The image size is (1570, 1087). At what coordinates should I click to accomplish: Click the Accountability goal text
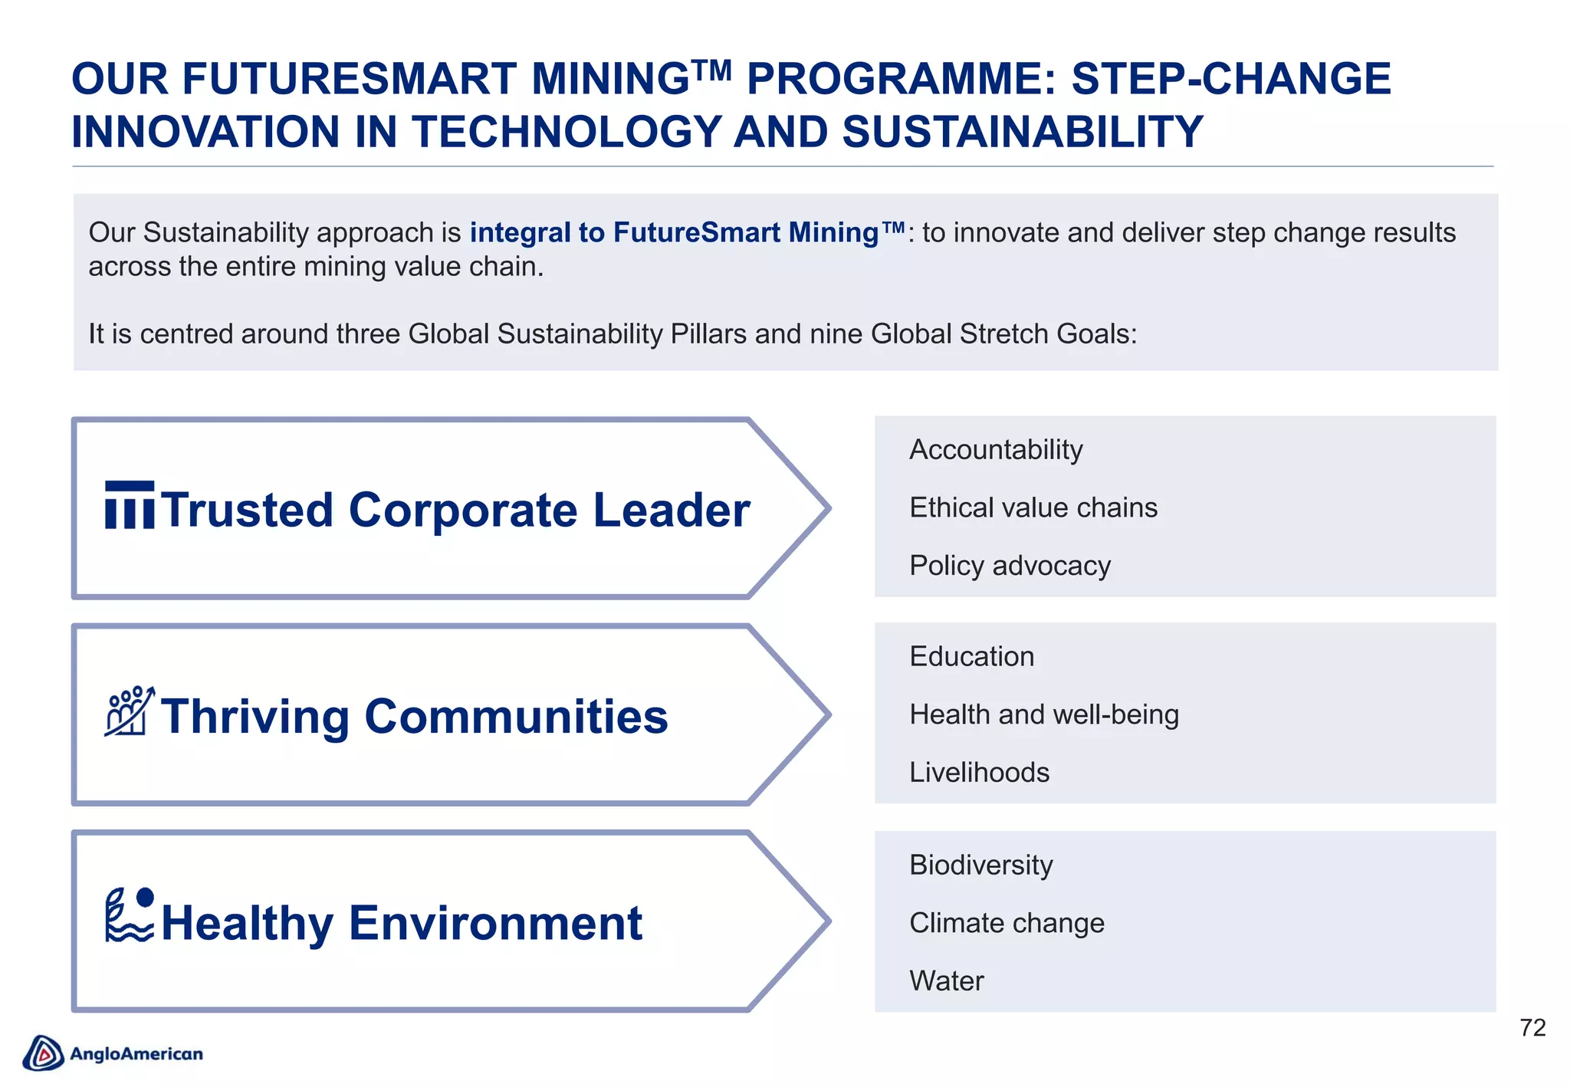pyautogui.click(x=995, y=450)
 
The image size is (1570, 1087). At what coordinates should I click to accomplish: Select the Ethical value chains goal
pyautogui.click(x=1033, y=508)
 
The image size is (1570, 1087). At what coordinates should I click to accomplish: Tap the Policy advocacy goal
pyautogui.click(x=1009, y=566)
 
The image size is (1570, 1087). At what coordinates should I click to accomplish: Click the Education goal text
pyautogui.click(x=971, y=657)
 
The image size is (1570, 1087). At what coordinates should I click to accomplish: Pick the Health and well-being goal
pyautogui.click(x=1043, y=714)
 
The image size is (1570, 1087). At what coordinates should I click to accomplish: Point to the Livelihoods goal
pyautogui.click(x=979, y=773)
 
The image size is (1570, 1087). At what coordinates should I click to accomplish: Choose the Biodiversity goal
pyautogui.click(x=980, y=865)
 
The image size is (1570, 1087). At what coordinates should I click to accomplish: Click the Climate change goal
pyautogui.click(x=1007, y=923)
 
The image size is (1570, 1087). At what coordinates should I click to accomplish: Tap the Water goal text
pyautogui.click(x=946, y=981)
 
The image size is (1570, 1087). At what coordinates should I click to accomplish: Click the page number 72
pyautogui.click(x=1532, y=1028)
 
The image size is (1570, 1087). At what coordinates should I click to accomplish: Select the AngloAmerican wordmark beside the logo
pyautogui.click(x=136, y=1054)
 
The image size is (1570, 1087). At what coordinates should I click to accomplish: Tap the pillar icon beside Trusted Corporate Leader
pyautogui.click(x=130, y=505)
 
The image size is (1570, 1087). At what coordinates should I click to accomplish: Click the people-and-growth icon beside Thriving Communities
pyautogui.click(x=129, y=711)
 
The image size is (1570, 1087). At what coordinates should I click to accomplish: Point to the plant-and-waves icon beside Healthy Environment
pyautogui.click(x=129, y=915)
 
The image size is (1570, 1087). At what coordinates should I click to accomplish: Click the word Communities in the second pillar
pyautogui.click(x=516, y=717)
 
